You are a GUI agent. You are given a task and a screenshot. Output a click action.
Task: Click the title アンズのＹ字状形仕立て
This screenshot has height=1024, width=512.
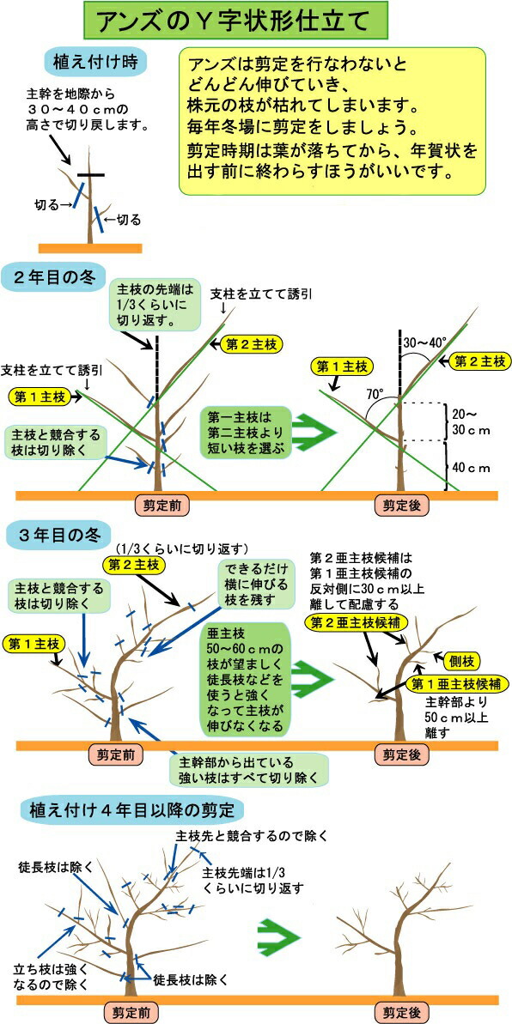pyautogui.click(x=236, y=21)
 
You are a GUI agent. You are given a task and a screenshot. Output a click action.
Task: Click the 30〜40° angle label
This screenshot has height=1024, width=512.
pyautogui.click(x=425, y=342)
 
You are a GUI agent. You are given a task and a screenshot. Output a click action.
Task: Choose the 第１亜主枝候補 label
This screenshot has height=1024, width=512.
pyautogui.click(x=457, y=684)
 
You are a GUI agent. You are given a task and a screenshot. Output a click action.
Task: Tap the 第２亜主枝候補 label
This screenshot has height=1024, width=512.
pyautogui.click(x=356, y=621)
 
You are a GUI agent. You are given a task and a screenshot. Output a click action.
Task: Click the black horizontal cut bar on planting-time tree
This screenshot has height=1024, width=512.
pyautogui.click(x=91, y=175)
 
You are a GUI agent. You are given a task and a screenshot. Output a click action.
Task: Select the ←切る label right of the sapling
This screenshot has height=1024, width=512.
pyautogui.click(x=123, y=220)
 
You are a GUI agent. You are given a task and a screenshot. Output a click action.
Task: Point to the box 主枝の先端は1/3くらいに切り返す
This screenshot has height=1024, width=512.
pyautogui.click(x=149, y=305)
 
